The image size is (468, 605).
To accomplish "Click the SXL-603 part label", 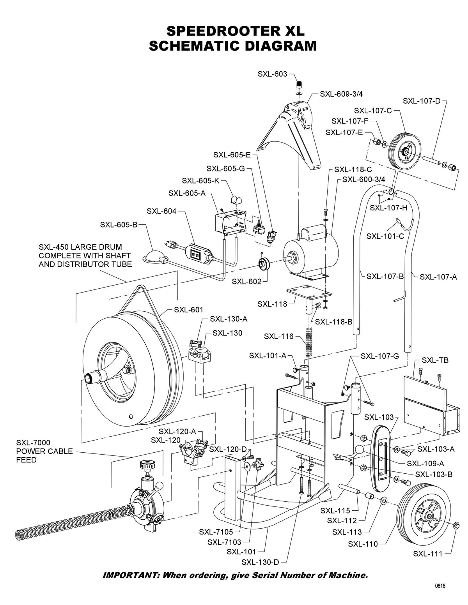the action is (x=272, y=74).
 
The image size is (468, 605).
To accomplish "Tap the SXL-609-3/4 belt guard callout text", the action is (x=341, y=94).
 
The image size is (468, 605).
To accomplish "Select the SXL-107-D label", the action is (x=422, y=101).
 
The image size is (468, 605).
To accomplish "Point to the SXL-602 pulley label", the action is (x=247, y=282).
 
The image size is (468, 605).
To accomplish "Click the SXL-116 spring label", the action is (x=279, y=336).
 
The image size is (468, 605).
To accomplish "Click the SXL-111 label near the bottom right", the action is (x=428, y=554).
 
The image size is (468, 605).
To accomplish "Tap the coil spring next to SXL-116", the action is (x=308, y=342).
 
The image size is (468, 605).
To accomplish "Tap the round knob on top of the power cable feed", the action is (x=147, y=465).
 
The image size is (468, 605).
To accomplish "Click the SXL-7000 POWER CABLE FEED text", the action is (x=44, y=451).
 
